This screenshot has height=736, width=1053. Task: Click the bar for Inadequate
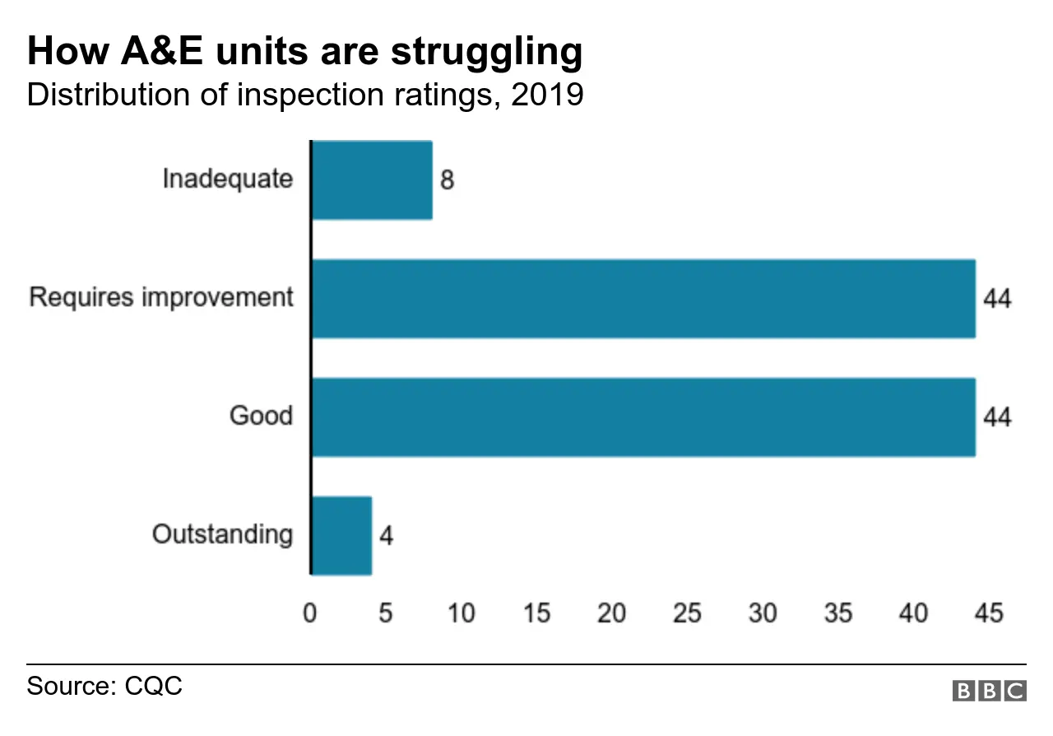pyautogui.click(x=372, y=180)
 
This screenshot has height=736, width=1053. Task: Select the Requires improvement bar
pyautogui.click(x=643, y=299)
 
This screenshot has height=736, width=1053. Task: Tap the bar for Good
pyautogui.click(x=643, y=417)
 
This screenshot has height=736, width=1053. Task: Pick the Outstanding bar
pyautogui.click(x=341, y=536)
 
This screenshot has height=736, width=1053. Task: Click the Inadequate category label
pyautogui.click(x=227, y=179)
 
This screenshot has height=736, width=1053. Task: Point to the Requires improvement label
pyautogui.click(x=161, y=297)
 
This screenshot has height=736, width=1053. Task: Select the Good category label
pyautogui.click(x=261, y=416)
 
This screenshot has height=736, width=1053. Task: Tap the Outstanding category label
pyautogui.click(x=222, y=534)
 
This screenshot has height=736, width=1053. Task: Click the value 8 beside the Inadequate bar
pyautogui.click(x=447, y=180)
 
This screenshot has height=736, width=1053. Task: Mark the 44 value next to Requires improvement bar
pyautogui.click(x=997, y=299)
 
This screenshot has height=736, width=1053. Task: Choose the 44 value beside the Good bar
pyautogui.click(x=997, y=417)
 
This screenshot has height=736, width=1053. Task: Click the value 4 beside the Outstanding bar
pyautogui.click(x=386, y=536)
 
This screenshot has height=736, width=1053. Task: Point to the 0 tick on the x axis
pyautogui.click(x=310, y=613)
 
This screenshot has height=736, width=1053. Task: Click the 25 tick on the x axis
pyautogui.click(x=687, y=613)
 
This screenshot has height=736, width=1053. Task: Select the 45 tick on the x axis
pyautogui.click(x=988, y=613)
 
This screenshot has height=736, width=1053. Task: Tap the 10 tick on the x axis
pyautogui.click(x=461, y=613)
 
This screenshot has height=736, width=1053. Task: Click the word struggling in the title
pyautogui.click(x=486, y=53)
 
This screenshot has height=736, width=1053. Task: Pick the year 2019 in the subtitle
pyautogui.click(x=546, y=95)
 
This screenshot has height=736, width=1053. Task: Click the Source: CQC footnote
pyautogui.click(x=104, y=686)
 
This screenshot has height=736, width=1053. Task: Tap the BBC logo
pyautogui.click(x=990, y=690)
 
